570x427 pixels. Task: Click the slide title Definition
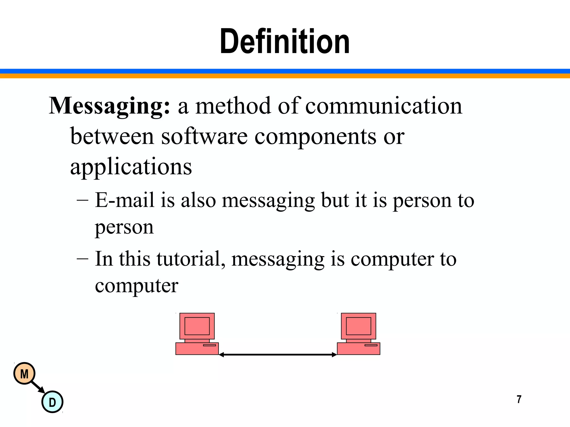[284, 42]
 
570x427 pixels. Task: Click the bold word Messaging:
[109, 106]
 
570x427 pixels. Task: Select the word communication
[384, 106]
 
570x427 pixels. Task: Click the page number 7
[519, 399]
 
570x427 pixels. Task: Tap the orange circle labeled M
[24, 374]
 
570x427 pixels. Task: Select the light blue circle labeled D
[52, 402]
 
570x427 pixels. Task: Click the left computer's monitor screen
[197, 326]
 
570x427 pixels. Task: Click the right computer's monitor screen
[358, 326]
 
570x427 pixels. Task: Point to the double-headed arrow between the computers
[278, 354]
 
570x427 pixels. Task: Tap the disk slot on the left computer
[209, 345]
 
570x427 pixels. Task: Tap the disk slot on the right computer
[371, 345]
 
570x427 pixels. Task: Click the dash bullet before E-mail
[82, 200]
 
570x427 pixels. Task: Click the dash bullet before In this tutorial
[82, 259]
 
